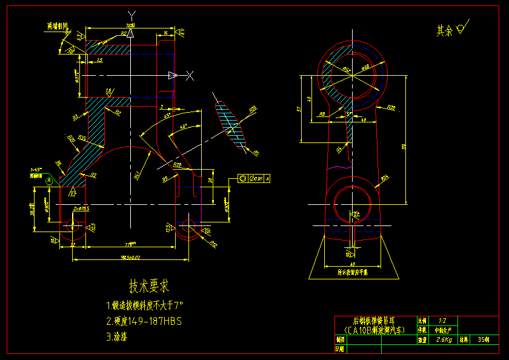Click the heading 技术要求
(148, 285)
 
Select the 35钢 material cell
(483, 340)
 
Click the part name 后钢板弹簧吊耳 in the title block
(373, 320)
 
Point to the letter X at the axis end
(190, 75)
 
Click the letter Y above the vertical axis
(132, 14)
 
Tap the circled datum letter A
(49, 180)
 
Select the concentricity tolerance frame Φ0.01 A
(255, 179)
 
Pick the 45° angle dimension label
(167, 115)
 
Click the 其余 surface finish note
(445, 30)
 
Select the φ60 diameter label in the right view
(365, 67)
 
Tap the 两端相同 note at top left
(58, 26)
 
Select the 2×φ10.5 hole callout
(81, 208)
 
